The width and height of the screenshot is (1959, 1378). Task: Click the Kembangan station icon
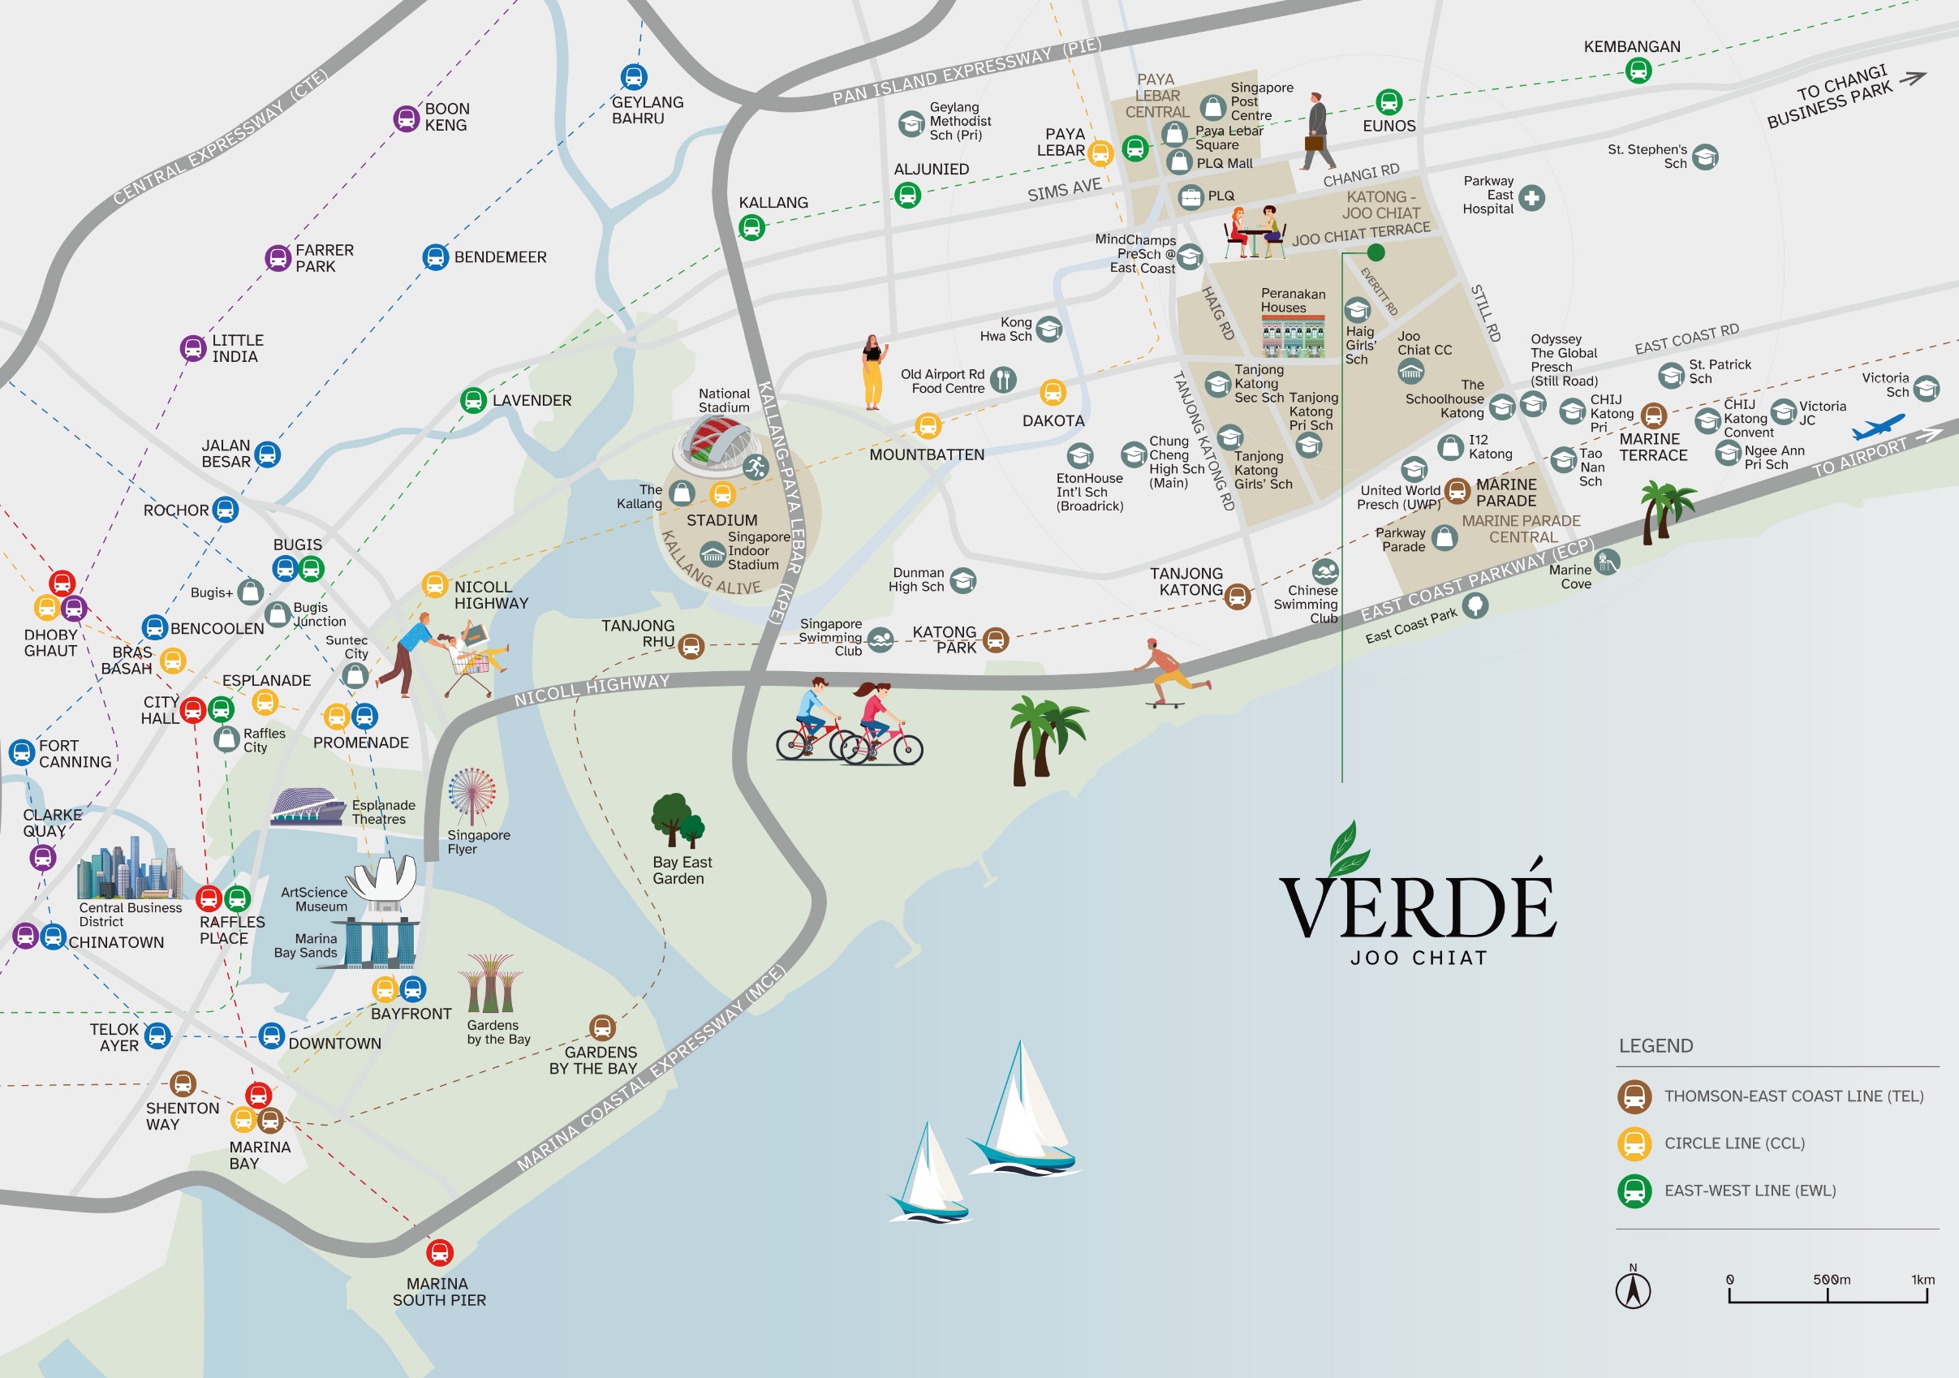1638,71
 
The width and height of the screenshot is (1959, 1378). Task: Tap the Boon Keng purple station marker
406,118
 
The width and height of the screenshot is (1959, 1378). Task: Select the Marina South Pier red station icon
439,1252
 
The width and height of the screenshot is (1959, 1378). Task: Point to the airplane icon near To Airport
1878,427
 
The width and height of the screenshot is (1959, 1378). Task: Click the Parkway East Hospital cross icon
1531,198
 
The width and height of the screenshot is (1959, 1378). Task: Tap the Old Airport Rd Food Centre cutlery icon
1003,380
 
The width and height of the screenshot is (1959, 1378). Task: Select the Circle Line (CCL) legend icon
1634,1143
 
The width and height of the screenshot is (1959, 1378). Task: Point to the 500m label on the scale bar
1831,1280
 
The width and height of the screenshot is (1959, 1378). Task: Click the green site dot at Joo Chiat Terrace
1376,252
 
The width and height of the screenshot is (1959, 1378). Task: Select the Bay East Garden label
682,870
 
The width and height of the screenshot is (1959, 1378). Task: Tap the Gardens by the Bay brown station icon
602,1027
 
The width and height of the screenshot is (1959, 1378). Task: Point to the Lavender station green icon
474,400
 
